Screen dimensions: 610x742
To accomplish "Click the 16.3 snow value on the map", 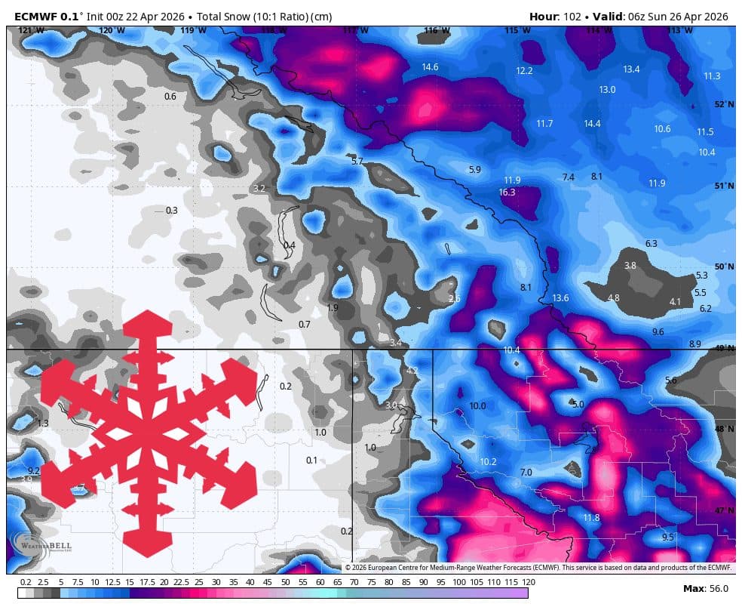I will pos(507,193).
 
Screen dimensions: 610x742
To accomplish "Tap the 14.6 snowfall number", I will pos(430,67).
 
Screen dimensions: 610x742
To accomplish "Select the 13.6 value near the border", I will pos(560,298).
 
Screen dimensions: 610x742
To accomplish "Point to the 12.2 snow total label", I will pos(524,71).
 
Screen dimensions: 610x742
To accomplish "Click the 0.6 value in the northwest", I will pos(170,97).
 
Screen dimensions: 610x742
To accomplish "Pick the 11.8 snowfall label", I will pos(591,517).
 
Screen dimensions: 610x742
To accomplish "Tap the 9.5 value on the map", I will pos(667,538).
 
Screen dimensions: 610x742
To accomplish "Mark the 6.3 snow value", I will pos(652,243).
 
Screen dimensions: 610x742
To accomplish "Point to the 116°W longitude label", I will pos(437,31).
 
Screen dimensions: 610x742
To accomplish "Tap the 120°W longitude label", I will pos(112,31).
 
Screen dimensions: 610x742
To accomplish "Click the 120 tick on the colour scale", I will pos(528,582).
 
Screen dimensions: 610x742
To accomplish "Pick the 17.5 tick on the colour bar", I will pos(147,582).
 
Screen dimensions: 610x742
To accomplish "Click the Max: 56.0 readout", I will pos(705,589).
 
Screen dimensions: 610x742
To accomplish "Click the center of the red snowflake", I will pos(148,434).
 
